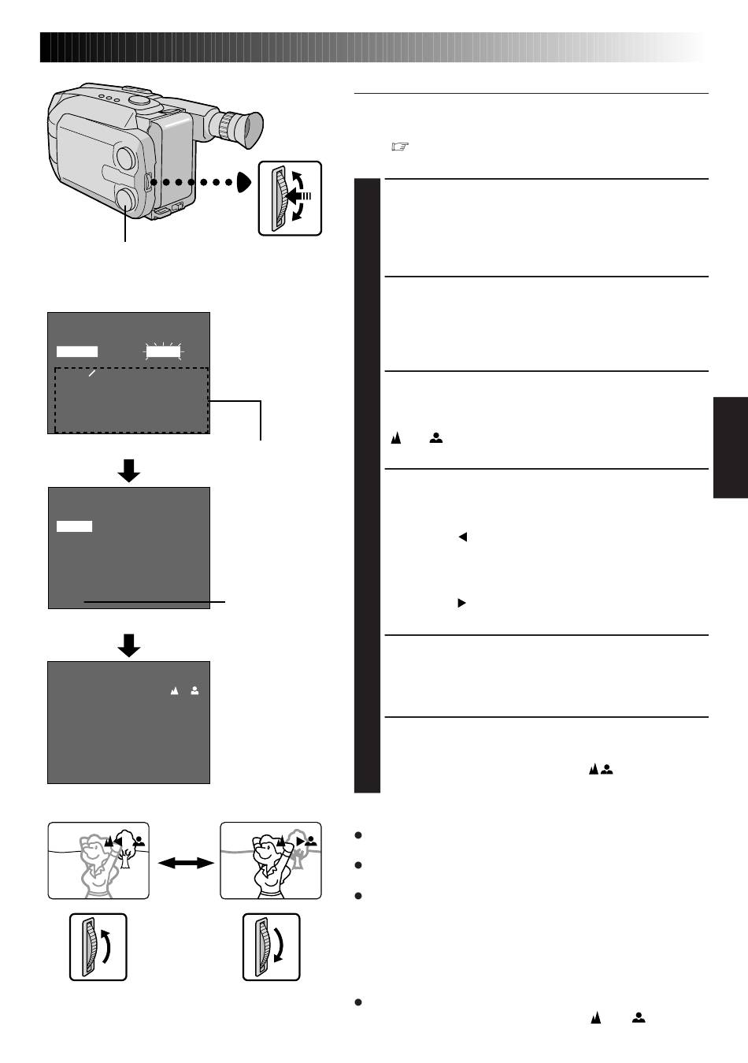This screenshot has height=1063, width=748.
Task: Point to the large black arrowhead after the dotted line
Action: [244, 182]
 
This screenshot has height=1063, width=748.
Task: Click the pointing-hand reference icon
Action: [400, 147]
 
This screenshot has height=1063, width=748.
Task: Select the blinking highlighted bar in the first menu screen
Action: [164, 351]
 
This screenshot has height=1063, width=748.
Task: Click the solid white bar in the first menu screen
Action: [77, 351]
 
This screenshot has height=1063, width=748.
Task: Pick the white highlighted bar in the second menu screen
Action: [74, 526]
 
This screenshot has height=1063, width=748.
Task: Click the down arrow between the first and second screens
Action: [128, 470]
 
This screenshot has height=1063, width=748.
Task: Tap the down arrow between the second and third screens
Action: [128, 645]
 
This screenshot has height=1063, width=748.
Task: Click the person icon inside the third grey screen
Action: [194, 690]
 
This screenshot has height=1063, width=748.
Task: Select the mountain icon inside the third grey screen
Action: [175, 690]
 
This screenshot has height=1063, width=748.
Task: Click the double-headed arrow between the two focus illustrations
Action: [186, 864]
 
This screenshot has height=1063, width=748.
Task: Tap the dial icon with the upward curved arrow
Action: [98, 946]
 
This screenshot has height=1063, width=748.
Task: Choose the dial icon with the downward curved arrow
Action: [271, 946]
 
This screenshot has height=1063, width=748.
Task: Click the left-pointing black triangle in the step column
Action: [463, 537]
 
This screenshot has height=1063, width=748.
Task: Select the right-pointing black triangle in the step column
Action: [462, 603]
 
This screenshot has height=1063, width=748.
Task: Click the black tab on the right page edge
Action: [731, 448]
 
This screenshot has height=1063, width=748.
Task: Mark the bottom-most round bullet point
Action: [358, 1002]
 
